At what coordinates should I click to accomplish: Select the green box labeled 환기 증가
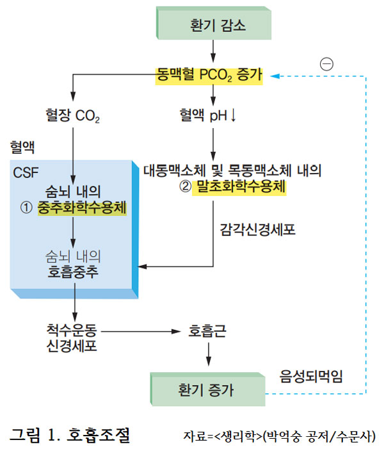(x=207, y=388)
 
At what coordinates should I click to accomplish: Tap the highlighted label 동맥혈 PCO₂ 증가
(x=209, y=76)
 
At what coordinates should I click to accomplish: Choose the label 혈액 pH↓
(x=209, y=116)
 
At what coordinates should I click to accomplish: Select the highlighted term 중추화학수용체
(x=82, y=209)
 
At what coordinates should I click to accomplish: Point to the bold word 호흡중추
(x=73, y=272)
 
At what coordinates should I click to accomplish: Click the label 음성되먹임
(x=312, y=376)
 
